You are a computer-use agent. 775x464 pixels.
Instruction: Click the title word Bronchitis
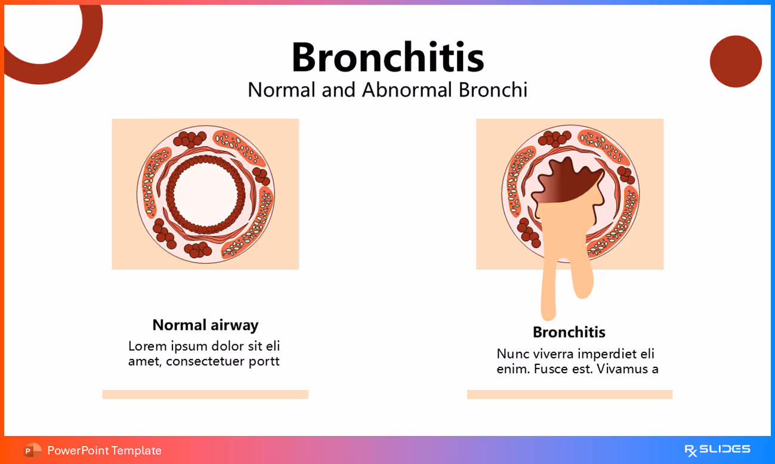(387, 57)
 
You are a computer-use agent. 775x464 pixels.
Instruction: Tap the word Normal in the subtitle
(282, 90)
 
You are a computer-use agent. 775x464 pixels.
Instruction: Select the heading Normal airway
(205, 325)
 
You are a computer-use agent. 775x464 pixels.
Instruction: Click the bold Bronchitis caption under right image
(569, 332)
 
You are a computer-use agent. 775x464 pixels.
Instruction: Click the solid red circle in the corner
(736, 61)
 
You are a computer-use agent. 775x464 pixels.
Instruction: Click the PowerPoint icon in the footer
(32, 450)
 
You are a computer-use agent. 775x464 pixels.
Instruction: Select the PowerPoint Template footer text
(104, 450)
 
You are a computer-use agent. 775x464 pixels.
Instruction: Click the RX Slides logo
(717, 450)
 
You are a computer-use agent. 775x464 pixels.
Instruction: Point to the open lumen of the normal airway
(205, 194)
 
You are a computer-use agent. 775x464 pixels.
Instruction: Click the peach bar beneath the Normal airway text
(205, 394)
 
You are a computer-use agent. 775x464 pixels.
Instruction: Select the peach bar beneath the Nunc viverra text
(569, 394)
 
